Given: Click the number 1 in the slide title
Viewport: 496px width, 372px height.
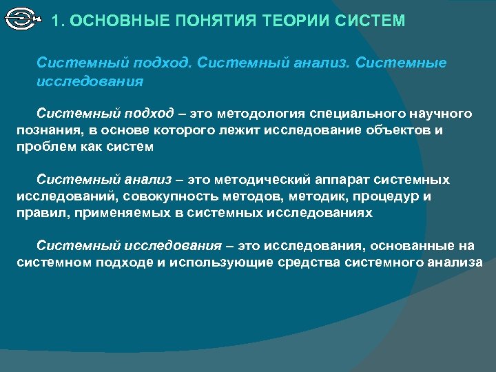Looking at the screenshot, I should coord(56,21).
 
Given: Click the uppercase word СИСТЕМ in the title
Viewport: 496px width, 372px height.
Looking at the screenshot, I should coord(371,21).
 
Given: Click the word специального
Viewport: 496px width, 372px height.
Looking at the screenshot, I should coord(354,113).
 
